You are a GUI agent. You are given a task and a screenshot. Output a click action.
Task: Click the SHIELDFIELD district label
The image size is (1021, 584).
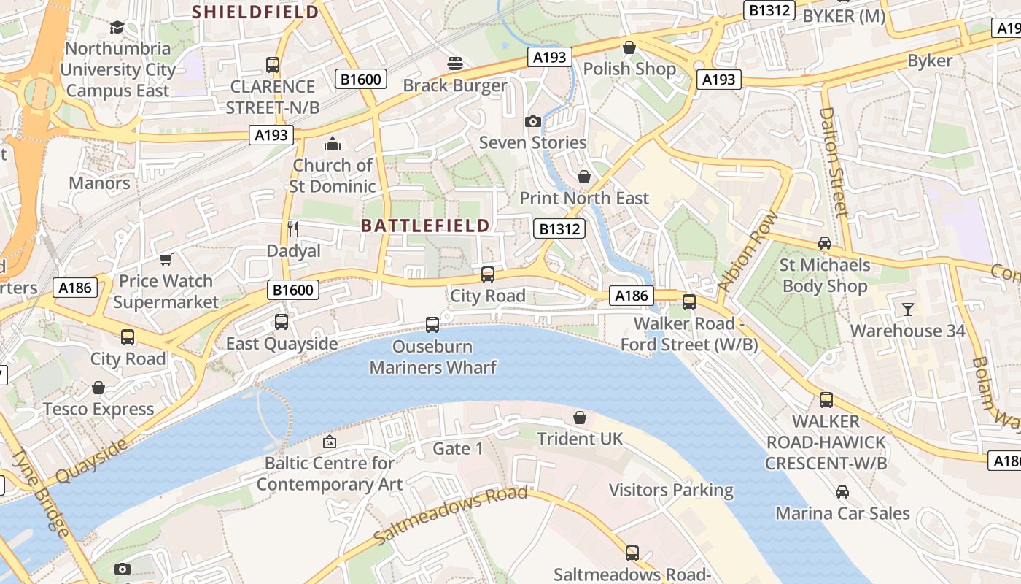pyautogui.click(x=255, y=12)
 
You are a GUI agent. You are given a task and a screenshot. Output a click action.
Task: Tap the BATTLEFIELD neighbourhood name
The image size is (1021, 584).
pyautogui.click(x=425, y=226)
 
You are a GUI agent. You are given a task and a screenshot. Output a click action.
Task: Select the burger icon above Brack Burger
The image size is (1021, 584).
pyautogui.click(x=456, y=64)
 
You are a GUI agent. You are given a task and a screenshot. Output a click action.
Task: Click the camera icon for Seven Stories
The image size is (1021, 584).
pyautogui.click(x=533, y=121)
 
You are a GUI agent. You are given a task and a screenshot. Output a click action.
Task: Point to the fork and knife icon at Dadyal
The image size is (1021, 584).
pyautogui.click(x=293, y=229)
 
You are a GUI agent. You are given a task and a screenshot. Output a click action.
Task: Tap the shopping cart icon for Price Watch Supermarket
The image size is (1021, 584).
pyautogui.click(x=166, y=260)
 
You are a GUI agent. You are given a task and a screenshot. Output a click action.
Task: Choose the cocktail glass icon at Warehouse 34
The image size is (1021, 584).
pyautogui.click(x=907, y=310)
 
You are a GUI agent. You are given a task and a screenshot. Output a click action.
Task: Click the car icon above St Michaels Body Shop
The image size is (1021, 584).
pyautogui.click(x=825, y=243)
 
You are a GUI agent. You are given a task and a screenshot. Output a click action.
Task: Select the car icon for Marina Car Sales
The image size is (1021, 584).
pyautogui.click(x=842, y=492)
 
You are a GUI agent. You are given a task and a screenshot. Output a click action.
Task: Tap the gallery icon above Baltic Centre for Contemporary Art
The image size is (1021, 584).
pyautogui.click(x=330, y=442)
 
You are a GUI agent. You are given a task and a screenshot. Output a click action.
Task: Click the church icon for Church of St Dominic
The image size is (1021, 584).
pyautogui.click(x=333, y=144)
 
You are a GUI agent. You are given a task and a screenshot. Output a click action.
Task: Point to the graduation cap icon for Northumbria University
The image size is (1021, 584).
pyautogui.click(x=117, y=28)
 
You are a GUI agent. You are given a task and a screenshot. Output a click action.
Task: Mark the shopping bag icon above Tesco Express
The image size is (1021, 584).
pyautogui.click(x=98, y=388)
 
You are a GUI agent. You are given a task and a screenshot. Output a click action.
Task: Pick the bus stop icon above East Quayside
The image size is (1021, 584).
pyautogui.click(x=282, y=322)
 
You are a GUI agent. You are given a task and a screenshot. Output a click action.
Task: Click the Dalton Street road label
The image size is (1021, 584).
pyautogui.click(x=835, y=161)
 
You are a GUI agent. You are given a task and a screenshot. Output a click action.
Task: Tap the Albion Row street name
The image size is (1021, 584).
pyautogui.click(x=748, y=251)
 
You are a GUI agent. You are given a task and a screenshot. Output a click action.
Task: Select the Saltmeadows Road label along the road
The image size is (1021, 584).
pyautogui.click(x=450, y=515)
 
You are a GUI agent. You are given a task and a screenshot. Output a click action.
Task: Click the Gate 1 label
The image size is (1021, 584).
pyautogui.click(x=458, y=448)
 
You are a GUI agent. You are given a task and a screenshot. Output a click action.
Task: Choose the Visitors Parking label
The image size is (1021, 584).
pyautogui.click(x=671, y=490)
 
